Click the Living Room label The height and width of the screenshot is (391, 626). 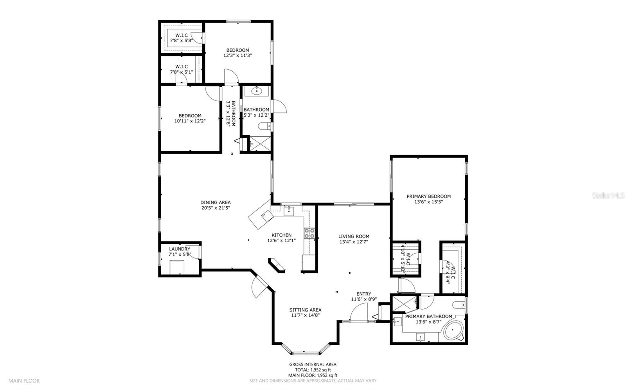click(354, 236)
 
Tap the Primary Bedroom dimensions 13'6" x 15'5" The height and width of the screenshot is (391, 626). click(428, 202)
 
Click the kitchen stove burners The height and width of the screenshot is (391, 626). click(309, 233)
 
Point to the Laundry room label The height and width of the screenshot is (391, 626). click(180, 249)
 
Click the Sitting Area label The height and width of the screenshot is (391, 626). click(306, 310)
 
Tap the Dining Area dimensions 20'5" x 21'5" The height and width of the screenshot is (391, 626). click(216, 208)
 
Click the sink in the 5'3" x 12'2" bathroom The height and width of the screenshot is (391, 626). click(257, 91)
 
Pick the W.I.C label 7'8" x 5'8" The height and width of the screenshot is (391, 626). click(182, 35)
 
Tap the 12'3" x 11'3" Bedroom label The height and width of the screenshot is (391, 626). click(237, 50)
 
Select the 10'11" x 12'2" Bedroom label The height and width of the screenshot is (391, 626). click(190, 115)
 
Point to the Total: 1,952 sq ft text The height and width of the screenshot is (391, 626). click(313, 369)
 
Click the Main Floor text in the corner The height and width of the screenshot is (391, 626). click(24, 380)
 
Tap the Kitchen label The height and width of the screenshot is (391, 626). click(282, 235)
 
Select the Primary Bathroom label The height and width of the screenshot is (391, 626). click(428, 316)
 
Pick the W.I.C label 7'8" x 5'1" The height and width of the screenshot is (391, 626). click(182, 67)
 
